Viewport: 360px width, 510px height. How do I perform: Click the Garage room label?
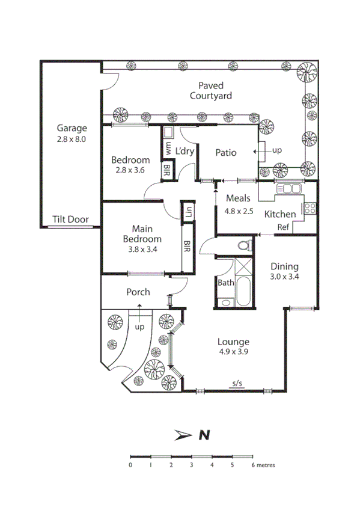[72, 128]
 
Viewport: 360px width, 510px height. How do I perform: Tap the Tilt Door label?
[70, 220]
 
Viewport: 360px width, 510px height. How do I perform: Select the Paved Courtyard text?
[210, 91]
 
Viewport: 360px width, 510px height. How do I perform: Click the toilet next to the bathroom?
[243, 245]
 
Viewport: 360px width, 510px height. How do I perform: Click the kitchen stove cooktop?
[310, 209]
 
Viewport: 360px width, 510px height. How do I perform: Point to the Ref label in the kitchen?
[283, 227]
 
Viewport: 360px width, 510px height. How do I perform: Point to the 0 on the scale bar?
[130, 465]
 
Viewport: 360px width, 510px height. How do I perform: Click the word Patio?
[226, 152]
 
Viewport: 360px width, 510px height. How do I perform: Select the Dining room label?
[284, 267]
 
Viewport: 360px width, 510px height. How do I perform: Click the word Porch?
[138, 292]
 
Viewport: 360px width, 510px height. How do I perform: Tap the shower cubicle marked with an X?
[243, 265]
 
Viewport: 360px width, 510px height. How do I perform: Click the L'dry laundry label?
[185, 151]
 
